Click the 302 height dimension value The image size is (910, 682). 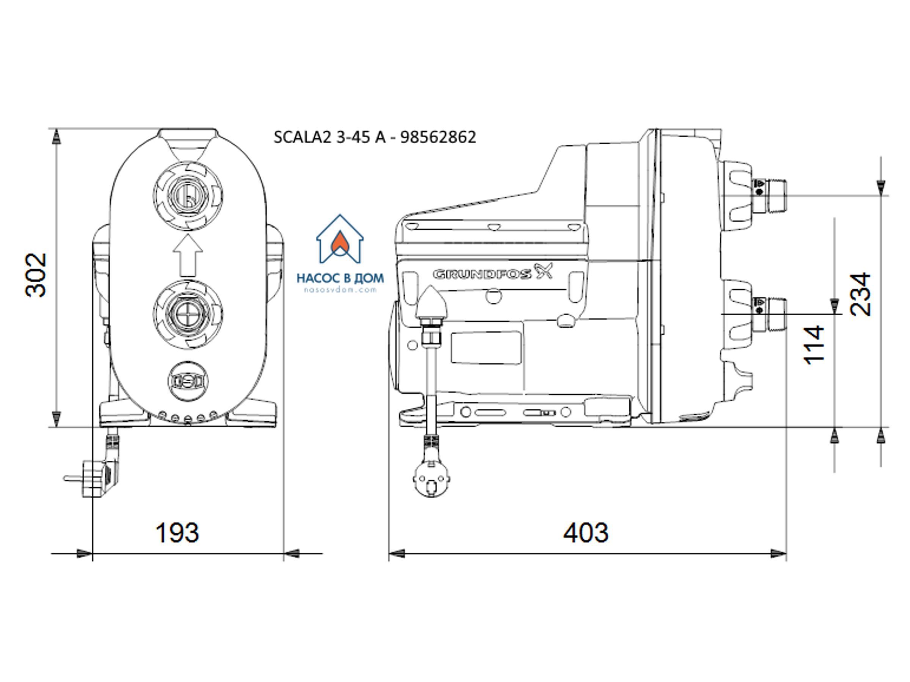point(36,275)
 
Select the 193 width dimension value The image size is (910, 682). point(177,533)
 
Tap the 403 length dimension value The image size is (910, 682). point(585,533)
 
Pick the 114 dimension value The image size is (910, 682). point(814,345)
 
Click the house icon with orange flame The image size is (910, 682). point(340,239)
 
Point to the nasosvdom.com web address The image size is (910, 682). point(340,290)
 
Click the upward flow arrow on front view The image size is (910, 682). point(188,255)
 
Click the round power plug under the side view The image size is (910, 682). point(431,479)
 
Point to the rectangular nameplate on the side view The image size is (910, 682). point(486,348)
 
